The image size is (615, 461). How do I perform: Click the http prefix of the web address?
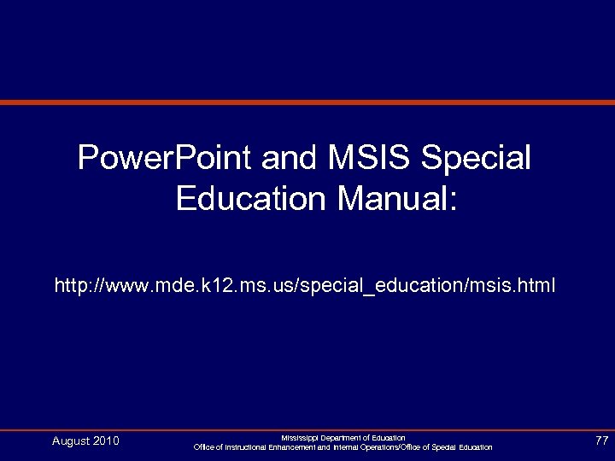click(72, 283)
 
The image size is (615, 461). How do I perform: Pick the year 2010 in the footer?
click(106, 441)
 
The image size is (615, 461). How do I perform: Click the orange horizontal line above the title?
click(307, 102)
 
